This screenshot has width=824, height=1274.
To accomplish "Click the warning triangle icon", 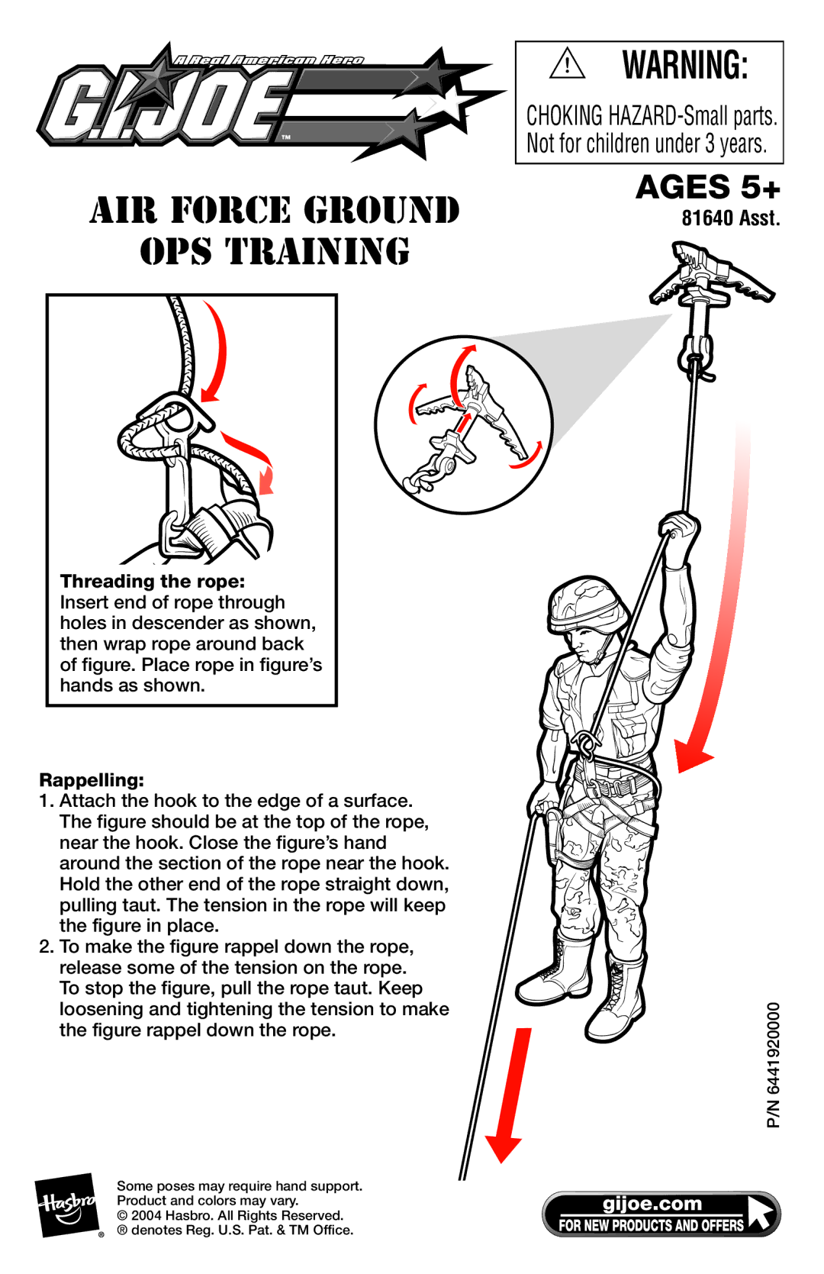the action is click(x=567, y=63).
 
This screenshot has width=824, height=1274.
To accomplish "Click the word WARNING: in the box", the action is click(x=684, y=65).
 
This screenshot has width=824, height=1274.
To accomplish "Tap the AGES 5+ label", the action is click(x=707, y=187).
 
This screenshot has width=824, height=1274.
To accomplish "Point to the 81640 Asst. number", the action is click(x=731, y=218).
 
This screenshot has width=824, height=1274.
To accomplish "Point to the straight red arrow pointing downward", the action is click(x=510, y=1095).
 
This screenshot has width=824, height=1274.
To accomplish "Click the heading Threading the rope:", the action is click(x=153, y=581).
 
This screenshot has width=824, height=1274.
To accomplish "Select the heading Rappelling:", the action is click(x=92, y=780).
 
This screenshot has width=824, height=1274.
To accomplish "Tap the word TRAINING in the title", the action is click(x=317, y=251).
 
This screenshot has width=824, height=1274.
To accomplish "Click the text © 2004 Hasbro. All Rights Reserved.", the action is click(x=230, y=1215).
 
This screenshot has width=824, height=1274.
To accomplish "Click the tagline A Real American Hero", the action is click(x=268, y=60).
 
